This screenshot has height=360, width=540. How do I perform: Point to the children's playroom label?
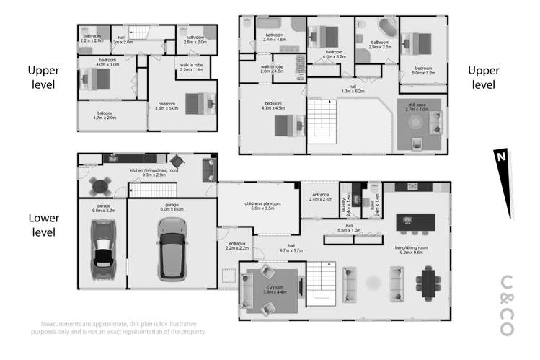(261, 208)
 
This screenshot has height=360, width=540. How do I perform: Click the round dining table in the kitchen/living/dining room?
(99, 187)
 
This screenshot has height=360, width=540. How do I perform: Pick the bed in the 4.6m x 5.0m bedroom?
(198, 103)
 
